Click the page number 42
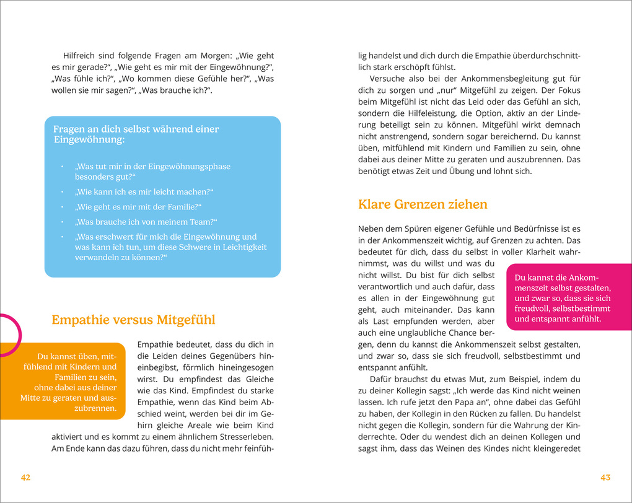point(25,477)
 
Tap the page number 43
point(605,477)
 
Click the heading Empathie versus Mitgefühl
point(133,320)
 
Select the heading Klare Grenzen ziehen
point(423,204)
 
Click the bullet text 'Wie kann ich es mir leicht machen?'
point(143,191)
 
